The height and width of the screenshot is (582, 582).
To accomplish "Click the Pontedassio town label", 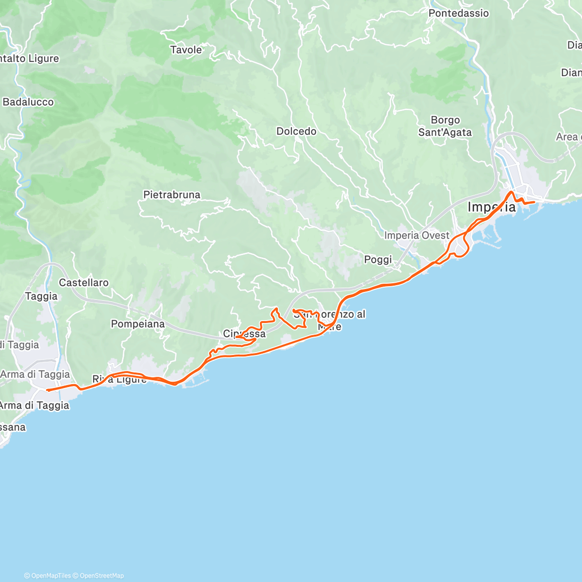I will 458,13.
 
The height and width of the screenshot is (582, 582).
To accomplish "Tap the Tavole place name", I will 186,49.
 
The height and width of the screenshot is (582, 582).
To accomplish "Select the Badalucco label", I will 28,102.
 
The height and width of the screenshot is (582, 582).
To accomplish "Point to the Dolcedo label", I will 296,131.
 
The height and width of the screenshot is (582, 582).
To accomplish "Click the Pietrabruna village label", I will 172,194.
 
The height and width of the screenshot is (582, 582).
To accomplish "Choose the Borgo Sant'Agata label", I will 445,126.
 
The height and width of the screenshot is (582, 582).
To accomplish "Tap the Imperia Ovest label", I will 417,235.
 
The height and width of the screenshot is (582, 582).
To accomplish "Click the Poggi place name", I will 378,259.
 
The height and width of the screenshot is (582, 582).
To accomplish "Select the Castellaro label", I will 84,282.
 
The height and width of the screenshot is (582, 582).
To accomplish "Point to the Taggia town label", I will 41,296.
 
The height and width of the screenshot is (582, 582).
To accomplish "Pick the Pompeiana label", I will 138,323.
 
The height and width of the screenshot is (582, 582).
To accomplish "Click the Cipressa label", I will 244,334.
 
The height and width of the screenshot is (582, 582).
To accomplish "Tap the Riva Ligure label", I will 119,379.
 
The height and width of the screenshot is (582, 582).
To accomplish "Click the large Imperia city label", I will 491,208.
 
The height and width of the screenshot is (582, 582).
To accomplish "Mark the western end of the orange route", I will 47,390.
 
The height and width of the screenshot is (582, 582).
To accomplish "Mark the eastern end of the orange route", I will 534,202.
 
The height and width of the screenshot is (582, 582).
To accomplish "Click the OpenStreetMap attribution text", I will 102,576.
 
